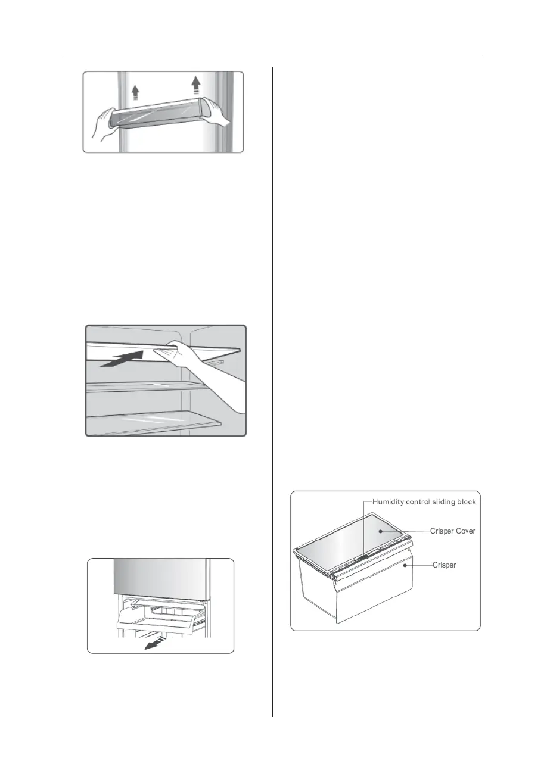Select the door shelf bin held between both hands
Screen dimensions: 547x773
[x=161, y=113]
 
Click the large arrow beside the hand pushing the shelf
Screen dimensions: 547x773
[x=122, y=360]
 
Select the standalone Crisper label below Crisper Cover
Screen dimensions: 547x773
[x=444, y=565]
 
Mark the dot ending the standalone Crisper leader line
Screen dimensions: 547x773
[x=405, y=565]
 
